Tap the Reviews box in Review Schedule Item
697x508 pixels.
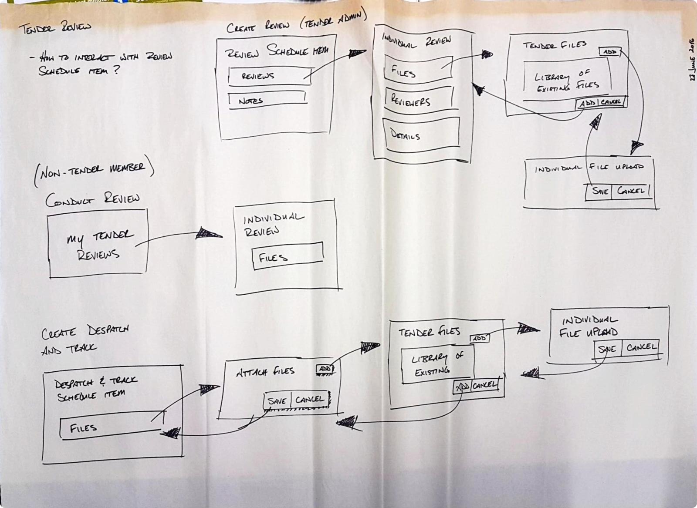pyautogui.click(x=269, y=76)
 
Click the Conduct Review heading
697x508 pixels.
pyautogui.click(x=93, y=199)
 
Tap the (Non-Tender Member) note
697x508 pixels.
pyautogui.click(x=93, y=171)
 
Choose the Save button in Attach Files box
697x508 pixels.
pyautogui.click(x=277, y=400)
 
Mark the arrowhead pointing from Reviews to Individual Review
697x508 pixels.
pyautogui.click(x=357, y=54)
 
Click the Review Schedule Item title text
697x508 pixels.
pyautogui.click(x=276, y=52)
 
